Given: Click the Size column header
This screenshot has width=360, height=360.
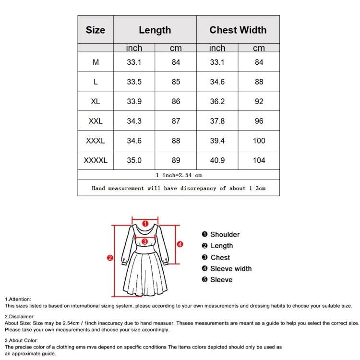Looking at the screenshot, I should [96, 30].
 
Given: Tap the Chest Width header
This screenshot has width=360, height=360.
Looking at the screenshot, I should [238, 30].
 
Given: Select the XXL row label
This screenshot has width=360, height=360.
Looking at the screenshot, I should [96, 121].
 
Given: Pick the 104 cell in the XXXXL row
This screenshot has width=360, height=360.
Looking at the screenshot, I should [259, 160].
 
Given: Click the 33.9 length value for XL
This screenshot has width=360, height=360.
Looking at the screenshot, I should [134, 101].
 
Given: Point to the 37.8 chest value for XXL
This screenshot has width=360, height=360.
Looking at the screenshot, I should [217, 121].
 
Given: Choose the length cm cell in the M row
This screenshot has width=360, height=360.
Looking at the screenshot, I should [176, 62].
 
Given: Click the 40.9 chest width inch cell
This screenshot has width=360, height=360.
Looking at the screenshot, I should [217, 160].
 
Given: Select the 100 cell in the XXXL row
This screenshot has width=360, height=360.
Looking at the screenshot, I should [259, 141].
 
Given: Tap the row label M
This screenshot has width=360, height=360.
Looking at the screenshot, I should [96, 62].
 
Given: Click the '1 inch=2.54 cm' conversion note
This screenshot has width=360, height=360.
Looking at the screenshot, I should [179, 175].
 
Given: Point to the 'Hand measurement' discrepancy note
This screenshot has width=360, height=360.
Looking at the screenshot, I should [179, 188].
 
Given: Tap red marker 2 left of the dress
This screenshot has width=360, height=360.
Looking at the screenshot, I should [110, 258].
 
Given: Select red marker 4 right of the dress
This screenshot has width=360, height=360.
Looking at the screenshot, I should [180, 244].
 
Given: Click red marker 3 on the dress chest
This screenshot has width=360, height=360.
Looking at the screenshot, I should [144, 241].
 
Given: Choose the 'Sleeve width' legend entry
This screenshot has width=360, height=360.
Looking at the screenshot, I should [227, 269].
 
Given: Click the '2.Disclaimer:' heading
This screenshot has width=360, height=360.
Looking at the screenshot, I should [20, 317].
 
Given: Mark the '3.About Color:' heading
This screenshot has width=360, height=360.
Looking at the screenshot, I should [21, 340].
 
